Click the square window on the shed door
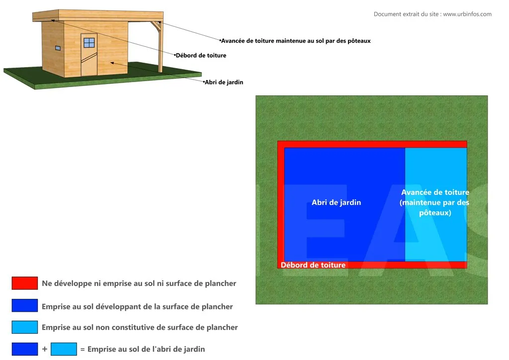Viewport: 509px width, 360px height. [89, 43]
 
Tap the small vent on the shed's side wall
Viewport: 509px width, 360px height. [58, 48]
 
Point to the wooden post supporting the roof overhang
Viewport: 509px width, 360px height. [160, 47]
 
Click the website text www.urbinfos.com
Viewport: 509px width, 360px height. [467, 14]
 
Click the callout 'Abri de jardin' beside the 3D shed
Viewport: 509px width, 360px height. [224, 82]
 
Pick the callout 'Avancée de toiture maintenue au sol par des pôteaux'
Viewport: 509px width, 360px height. [296, 41]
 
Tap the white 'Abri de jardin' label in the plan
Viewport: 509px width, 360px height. [336, 202]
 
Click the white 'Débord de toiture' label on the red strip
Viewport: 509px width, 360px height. [313, 265]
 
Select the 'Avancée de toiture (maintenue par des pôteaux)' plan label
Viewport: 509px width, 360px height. [435, 202]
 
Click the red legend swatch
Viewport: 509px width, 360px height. [25, 283]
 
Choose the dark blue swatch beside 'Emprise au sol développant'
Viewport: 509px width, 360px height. [25, 306]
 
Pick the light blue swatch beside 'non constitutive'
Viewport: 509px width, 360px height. [25, 327]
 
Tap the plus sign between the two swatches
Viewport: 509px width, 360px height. [45, 349]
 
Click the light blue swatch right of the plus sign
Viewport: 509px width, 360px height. [64, 349]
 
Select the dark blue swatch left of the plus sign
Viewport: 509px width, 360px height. [25, 349]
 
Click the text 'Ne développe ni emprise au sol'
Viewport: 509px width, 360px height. [139, 283]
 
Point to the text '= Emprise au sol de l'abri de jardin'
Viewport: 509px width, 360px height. [142, 349]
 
